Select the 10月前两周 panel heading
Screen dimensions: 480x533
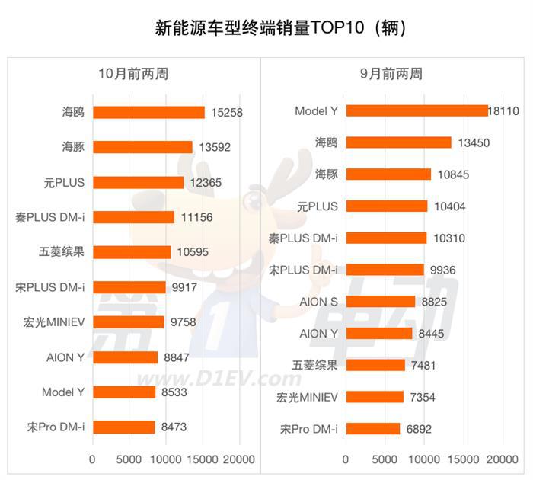pyautogui.click(x=133, y=74)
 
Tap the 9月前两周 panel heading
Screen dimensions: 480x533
pyautogui.click(x=391, y=74)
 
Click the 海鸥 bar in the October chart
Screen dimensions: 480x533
pyautogui.click(x=148, y=112)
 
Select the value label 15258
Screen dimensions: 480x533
pyautogui.click(x=227, y=113)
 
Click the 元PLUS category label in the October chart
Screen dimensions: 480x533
pyautogui.click(x=64, y=182)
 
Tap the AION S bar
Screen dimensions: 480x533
pyautogui.click(x=381, y=301)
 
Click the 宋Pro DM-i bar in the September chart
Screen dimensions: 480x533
pyautogui.click(x=373, y=428)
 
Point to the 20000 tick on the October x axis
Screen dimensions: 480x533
pyautogui.click(x=239, y=460)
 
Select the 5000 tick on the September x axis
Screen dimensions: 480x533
pyautogui.click(x=385, y=460)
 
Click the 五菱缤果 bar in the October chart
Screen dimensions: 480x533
pyautogui.click(x=132, y=252)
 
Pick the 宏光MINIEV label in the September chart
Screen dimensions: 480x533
pyautogui.click(x=308, y=397)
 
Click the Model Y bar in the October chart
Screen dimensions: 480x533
pyautogui.click(x=124, y=392)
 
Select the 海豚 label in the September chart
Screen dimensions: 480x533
pyautogui.click(x=327, y=174)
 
